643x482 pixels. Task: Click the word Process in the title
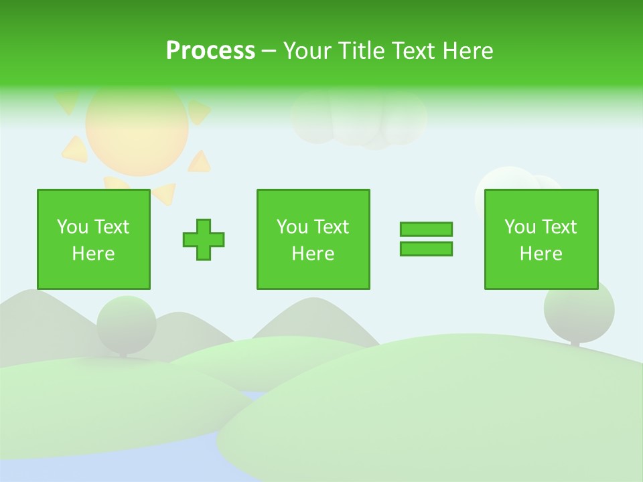(x=210, y=51)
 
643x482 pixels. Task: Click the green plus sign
(x=204, y=240)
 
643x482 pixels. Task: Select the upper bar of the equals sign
(x=426, y=230)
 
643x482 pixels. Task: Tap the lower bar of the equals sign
(x=426, y=248)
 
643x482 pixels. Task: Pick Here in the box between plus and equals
(x=313, y=254)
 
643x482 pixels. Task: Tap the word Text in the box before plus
(x=111, y=227)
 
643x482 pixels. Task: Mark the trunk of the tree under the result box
(x=575, y=343)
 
